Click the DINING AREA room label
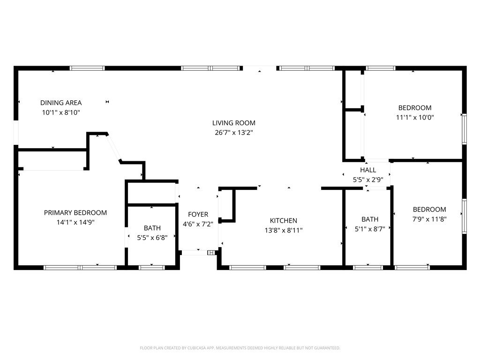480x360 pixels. tap(61, 103)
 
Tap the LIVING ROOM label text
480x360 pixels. tap(234, 123)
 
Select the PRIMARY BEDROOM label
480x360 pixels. tap(75, 213)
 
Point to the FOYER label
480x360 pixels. tap(198, 214)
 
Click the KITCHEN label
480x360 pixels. tap(284, 220)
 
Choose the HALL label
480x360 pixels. tap(368, 170)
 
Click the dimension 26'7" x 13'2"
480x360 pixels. tap(234, 133)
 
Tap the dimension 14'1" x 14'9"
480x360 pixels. tap(75, 222)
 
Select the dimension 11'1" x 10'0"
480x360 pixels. tap(415, 117)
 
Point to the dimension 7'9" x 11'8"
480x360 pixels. tap(429, 219)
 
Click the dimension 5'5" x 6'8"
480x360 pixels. tap(152, 238)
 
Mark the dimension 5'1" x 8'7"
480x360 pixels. tap(370, 229)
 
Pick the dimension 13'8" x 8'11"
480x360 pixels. tap(284, 230)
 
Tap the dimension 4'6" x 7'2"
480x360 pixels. tap(198, 224)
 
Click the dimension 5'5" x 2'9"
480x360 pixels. tap(368, 180)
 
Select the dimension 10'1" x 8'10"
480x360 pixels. tap(61, 112)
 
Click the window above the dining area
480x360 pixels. tap(87, 68)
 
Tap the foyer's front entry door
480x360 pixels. tap(195, 253)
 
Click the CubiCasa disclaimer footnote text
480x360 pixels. tap(240, 348)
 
